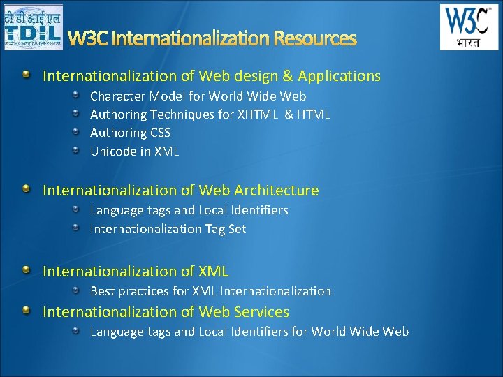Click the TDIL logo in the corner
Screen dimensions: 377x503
(33, 27)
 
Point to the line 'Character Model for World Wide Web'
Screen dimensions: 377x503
(198, 96)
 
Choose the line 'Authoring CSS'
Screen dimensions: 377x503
(130, 132)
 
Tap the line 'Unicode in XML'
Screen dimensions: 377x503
(134, 151)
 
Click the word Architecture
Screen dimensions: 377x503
(277, 190)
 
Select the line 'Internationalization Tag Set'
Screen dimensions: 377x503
(168, 228)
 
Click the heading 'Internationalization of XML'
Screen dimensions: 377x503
(136, 271)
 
